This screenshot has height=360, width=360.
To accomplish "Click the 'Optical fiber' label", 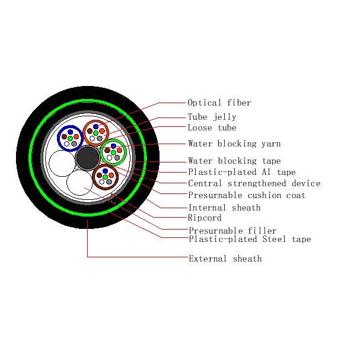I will pyautogui.click(x=219, y=103).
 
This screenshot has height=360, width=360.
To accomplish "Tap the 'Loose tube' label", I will pyautogui.click(x=212, y=128).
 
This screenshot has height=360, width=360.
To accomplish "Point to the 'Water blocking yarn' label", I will pyautogui.click(x=234, y=144).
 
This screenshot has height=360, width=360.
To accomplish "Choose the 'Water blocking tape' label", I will pyautogui.click(x=234, y=161).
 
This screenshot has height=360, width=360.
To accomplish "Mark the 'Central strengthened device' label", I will pyautogui.click(x=254, y=183).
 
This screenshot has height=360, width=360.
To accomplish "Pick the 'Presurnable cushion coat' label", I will pyautogui.click(x=246, y=195).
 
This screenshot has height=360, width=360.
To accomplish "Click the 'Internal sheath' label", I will pyautogui.click(x=224, y=208).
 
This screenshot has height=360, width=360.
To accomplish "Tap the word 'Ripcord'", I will pyautogui.click(x=204, y=218).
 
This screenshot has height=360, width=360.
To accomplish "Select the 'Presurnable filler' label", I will pyautogui.click(x=232, y=231).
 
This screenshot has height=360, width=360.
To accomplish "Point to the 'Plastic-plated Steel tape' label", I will pyautogui.click(x=249, y=239).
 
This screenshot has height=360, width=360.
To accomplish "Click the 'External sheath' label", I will pyautogui.click(x=224, y=259).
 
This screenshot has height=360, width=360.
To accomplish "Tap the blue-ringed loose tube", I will pyautogui.click(x=69, y=138).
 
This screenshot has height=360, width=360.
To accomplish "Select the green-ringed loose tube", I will pyautogui.click(x=113, y=152).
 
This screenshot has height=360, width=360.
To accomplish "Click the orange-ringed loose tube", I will pyautogui.click(x=95, y=132).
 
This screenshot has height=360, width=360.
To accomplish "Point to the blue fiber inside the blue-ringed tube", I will pyautogui.click(x=69, y=132).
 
